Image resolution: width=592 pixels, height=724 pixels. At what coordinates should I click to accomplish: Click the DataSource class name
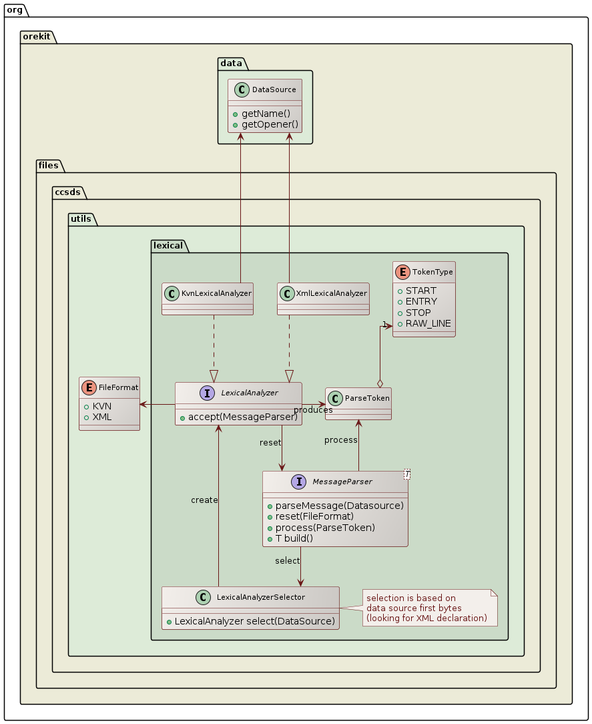click(274, 89)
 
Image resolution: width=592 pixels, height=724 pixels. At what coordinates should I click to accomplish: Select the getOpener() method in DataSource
click(270, 125)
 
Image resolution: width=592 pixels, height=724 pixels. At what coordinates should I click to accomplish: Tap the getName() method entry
click(266, 114)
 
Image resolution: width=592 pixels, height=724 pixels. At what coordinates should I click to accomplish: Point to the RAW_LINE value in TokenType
click(428, 323)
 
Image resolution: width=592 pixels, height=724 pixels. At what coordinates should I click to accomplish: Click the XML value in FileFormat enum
click(101, 417)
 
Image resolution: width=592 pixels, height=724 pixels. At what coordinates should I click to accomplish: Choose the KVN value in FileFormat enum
click(101, 406)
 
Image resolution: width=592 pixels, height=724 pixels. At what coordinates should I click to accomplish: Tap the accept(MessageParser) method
click(242, 417)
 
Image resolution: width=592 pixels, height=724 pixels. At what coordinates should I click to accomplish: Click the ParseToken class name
click(366, 398)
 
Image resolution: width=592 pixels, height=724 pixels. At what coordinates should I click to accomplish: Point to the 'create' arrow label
click(204, 500)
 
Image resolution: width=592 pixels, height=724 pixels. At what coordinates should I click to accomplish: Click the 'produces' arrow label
click(313, 409)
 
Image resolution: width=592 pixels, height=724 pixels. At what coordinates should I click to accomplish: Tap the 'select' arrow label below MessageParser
click(287, 560)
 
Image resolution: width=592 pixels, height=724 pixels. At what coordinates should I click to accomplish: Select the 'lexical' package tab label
click(168, 245)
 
